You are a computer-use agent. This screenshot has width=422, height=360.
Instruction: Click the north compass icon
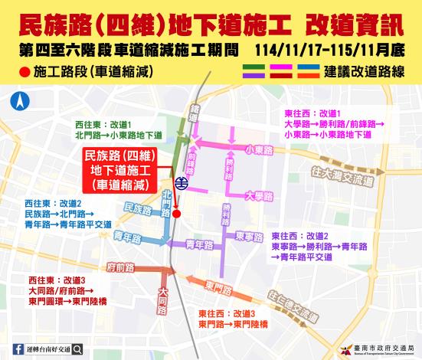pyautogui.click(x=18, y=100)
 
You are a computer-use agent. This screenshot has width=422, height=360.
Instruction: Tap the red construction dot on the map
pyautogui.click(x=177, y=214)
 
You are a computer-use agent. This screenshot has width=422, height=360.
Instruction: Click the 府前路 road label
pyautogui.click(x=123, y=267)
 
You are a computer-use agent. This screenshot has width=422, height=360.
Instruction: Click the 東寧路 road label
pyautogui.click(x=250, y=235)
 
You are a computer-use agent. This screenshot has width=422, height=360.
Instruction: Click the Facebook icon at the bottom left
pyautogui.click(x=18, y=349)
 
